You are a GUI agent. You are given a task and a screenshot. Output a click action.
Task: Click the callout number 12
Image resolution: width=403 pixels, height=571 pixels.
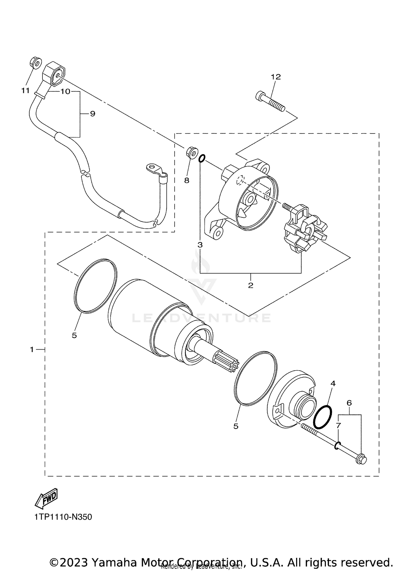coord(276,77)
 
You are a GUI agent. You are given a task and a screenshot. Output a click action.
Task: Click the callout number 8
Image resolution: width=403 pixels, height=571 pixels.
coord(187,180)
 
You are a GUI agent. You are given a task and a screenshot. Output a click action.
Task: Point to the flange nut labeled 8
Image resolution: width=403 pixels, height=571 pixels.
coord(192,152)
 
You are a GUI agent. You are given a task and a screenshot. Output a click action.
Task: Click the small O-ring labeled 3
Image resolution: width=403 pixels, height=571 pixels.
coord(202,158)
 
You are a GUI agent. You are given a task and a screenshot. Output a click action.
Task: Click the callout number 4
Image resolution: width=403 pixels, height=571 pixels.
coord(333,383)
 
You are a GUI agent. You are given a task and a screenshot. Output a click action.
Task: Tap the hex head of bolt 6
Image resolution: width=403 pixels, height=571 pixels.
coord(361,460)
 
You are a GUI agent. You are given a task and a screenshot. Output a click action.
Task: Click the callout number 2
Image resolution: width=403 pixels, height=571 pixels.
coord(251,285)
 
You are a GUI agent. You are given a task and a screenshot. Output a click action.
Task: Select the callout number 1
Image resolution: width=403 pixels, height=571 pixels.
coord(32,350)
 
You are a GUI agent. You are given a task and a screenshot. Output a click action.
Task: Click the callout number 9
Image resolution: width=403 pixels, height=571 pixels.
coord(92,114)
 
